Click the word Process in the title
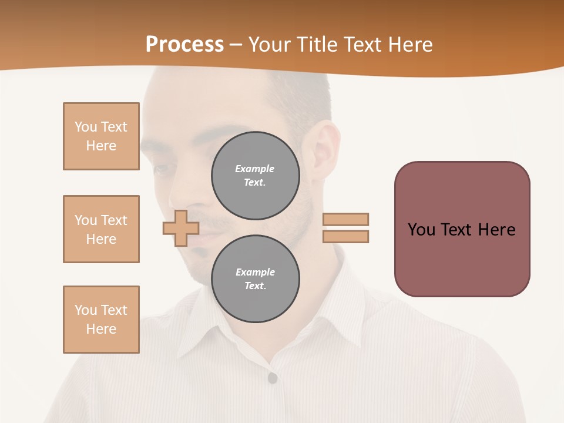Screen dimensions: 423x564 pos(184,45)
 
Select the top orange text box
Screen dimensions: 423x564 pos(101,136)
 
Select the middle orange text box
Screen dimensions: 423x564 pos(101,229)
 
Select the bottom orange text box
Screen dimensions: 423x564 pos(101,320)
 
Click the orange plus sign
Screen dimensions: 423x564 pos(180,228)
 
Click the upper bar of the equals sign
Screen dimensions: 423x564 pos(345,219)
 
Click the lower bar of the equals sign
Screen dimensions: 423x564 pos(345,237)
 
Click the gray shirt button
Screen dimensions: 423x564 pos(272,378)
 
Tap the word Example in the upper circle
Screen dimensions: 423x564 pos(254,169)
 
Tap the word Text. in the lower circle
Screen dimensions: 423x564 pos(255,286)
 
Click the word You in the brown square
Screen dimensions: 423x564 pos(421,230)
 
